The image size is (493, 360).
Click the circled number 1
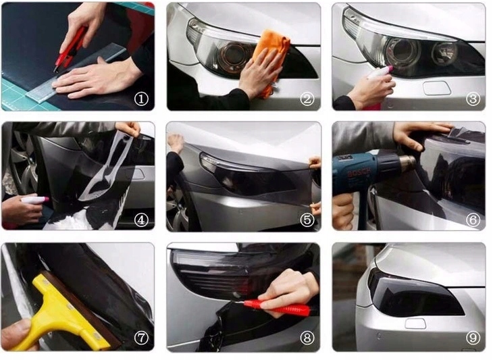point(141,99)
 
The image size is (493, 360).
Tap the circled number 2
point(307,99)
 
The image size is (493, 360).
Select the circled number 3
point(473,99)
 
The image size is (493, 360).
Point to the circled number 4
point(141,220)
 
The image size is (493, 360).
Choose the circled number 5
point(307,220)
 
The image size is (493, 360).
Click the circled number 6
point(473,220)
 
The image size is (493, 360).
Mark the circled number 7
point(141,338)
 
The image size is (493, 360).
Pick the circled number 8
point(307,338)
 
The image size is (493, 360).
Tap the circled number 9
point(473,338)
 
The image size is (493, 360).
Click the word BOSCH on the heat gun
point(359,172)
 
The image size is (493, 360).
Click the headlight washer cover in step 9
point(415,323)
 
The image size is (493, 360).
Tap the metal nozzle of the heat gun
point(407,164)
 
